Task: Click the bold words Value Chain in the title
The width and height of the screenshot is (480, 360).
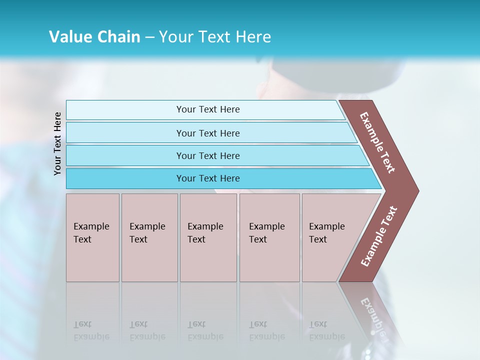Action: click(x=94, y=37)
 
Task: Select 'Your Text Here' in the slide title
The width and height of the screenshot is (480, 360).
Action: click(x=215, y=37)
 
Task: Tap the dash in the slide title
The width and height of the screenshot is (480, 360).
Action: click(x=149, y=37)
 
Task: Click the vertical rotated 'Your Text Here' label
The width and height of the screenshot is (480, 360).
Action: click(x=58, y=143)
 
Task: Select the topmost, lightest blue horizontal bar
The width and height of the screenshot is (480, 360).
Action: click(x=125, y=110)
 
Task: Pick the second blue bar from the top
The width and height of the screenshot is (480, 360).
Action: click(x=125, y=133)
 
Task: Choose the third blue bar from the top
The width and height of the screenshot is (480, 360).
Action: click(x=125, y=155)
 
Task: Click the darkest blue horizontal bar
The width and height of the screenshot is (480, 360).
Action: click(x=125, y=178)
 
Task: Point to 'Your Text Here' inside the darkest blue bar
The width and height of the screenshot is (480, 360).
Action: click(x=208, y=178)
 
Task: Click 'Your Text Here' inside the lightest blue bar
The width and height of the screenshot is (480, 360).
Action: click(x=208, y=109)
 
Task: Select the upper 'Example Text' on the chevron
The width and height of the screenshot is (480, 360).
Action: click(x=377, y=142)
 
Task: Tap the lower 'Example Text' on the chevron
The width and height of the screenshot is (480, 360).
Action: click(x=379, y=236)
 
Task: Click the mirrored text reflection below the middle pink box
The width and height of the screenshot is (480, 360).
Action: click(x=205, y=331)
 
